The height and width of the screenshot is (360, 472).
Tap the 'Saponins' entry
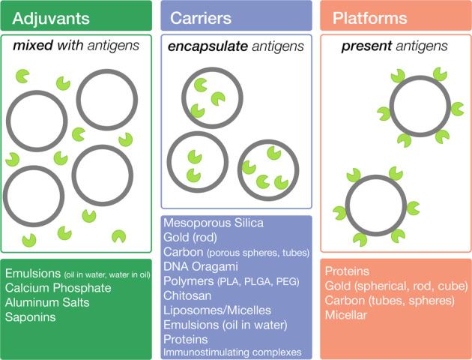[x=30, y=316]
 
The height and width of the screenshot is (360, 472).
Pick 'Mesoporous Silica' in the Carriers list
[x=214, y=223]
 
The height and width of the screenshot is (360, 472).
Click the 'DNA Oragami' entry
[x=200, y=266]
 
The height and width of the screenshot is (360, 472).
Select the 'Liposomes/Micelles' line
[x=218, y=309]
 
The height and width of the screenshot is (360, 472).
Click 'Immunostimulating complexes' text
[x=232, y=352]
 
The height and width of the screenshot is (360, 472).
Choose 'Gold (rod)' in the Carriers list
[x=191, y=238]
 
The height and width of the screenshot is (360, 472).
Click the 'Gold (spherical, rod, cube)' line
[x=393, y=286]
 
